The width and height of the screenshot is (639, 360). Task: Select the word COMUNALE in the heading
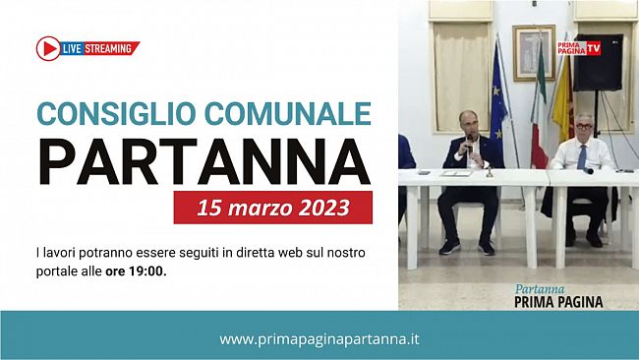coord(292,113)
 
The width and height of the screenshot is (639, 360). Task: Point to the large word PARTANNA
coord(203,161)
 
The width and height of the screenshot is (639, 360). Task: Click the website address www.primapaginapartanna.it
coord(319,338)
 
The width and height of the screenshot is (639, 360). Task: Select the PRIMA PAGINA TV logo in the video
coord(579,47)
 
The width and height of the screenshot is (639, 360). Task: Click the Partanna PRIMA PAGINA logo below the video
coord(558,296)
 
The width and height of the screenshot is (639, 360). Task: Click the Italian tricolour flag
coord(539,118)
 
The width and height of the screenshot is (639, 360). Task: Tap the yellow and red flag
coord(561,108)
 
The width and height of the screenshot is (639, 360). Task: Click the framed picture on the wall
coord(533,51)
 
